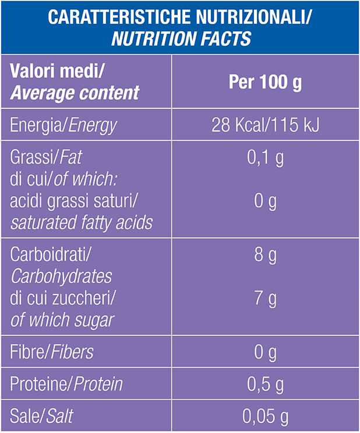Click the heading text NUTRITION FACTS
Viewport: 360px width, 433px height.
[181, 38]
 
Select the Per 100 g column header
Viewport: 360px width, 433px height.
[265, 82]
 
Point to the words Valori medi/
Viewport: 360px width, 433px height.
[57, 71]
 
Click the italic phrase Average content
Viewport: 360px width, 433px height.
[75, 93]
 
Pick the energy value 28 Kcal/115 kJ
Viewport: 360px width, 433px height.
[265, 125]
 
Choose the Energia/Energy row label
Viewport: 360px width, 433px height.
[63, 126]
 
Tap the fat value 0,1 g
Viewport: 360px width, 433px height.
[265, 158]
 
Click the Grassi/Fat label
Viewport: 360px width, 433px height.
[46, 157]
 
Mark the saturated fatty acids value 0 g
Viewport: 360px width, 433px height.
[265, 201]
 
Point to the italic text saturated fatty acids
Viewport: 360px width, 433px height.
[82, 222]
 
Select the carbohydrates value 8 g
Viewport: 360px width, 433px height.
[265, 255]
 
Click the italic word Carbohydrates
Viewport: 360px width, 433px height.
[61, 276]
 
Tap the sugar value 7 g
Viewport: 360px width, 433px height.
[265, 299]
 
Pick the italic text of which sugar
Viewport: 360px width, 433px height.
[62, 320]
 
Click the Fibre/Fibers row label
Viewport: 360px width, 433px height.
[52, 352]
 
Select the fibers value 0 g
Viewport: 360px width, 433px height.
[265, 353]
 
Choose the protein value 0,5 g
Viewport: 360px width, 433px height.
[265, 384]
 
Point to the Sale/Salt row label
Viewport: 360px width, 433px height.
[41, 416]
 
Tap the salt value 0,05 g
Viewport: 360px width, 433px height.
[265, 416]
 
